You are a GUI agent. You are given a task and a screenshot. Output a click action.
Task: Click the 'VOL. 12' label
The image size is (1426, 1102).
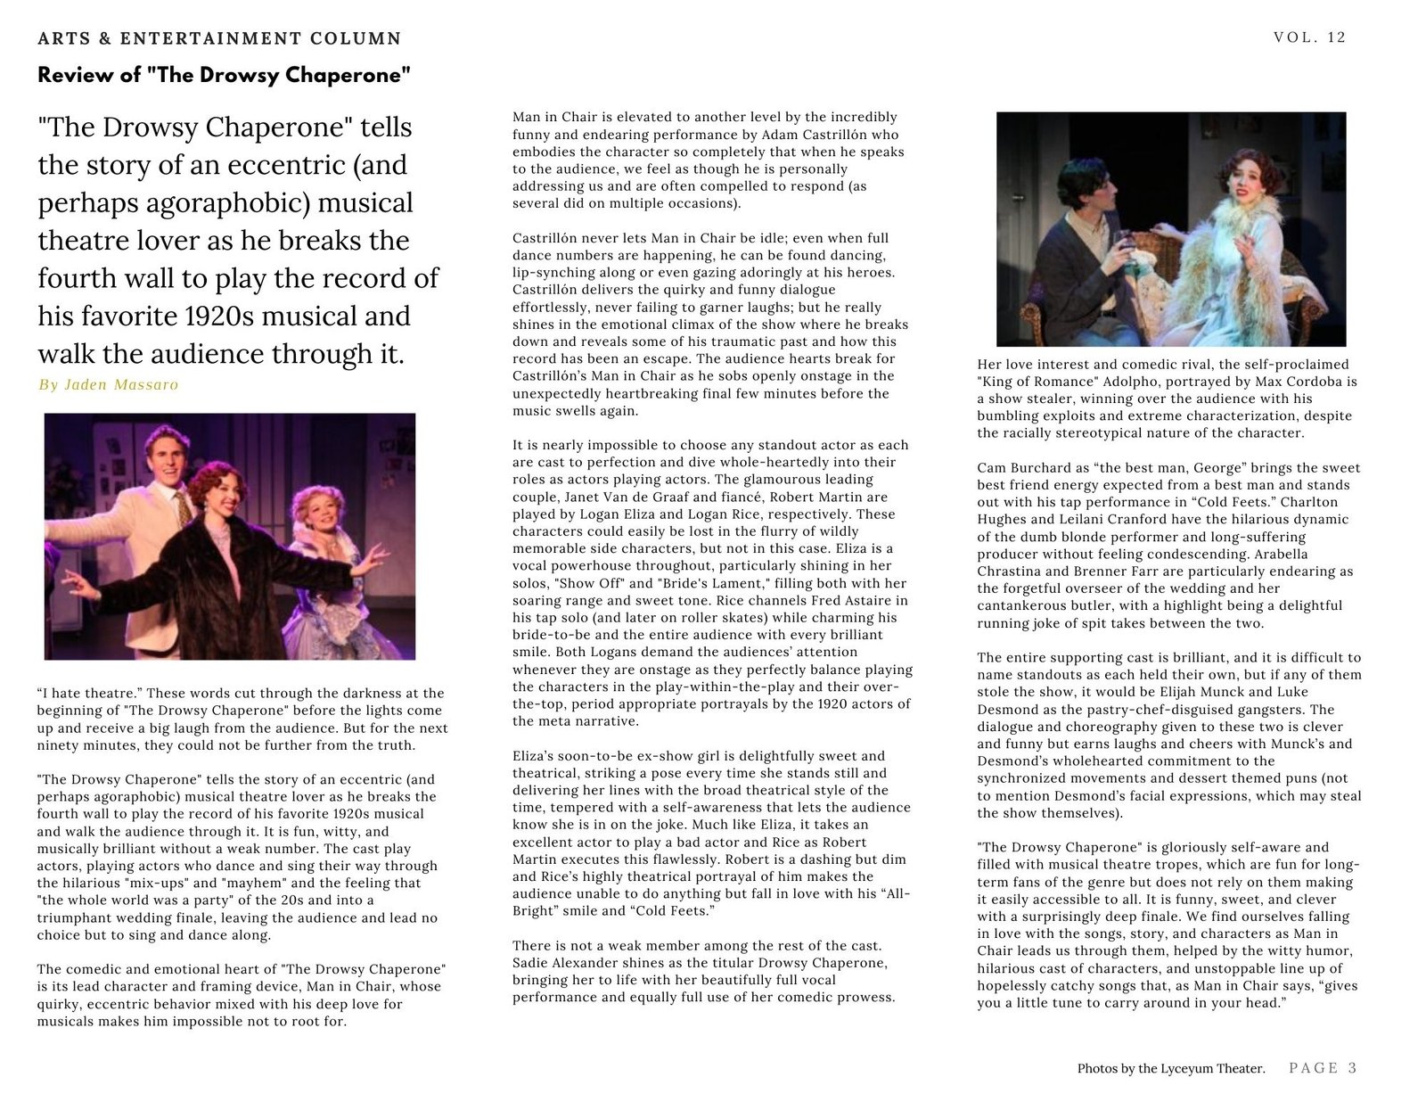pyautogui.click(x=1309, y=37)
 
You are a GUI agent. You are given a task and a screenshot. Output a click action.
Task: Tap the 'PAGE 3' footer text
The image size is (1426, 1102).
pyautogui.click(x=1323, y=1067)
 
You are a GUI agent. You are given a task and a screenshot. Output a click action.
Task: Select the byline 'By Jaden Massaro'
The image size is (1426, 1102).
pyautogui.click(x=108, y=385)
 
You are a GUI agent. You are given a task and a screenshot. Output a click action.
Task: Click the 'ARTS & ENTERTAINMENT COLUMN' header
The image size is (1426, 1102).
pyautogui.click(x=219, y=38)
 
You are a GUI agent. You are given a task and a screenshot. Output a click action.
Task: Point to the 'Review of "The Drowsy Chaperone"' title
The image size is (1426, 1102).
pyautogui.click(x=224, y=75)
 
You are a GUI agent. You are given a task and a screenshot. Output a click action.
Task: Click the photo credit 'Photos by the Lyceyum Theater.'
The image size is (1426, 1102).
pyautogui.click(x=1170, y=1068)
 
